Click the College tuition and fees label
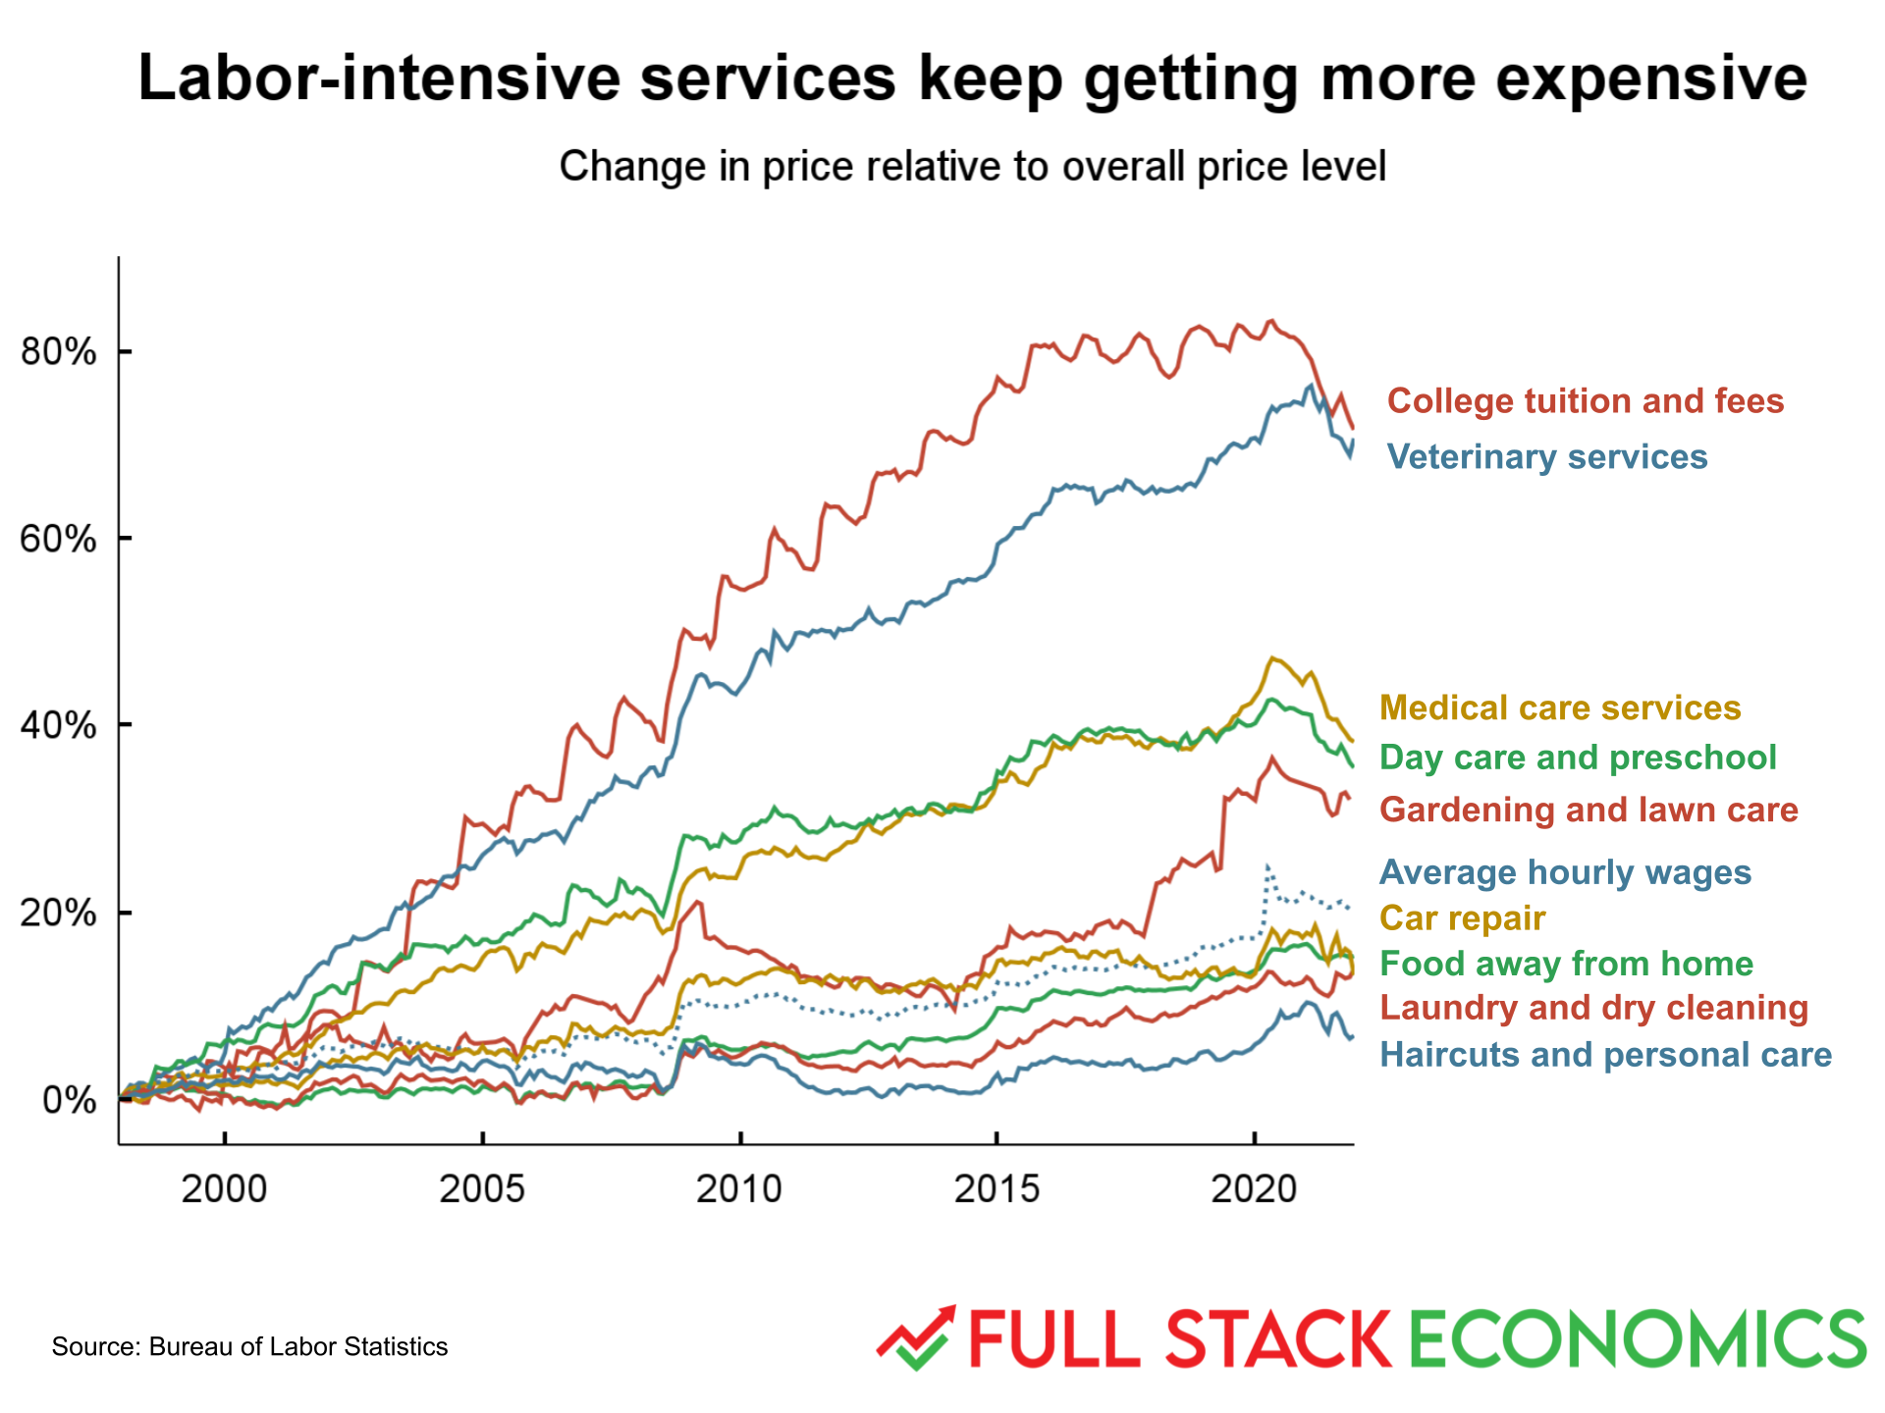(x=1585, y=401)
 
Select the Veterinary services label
(x=1546, y=457)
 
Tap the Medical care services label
(x=1559, y=708)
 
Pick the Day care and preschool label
(x=1577, y=758)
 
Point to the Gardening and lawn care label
(x=1589, y=811)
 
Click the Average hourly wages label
(x=1565, y=872)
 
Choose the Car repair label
(x=1462, y=918)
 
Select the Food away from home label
(x=1566, y=964)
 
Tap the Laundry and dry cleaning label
(x=1593, y=1008)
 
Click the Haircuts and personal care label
(x=1605, y=1055)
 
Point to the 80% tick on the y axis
(x=59, y=351)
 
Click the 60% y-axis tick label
(x=59, y=539)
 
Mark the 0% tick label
(x=69, y=1100)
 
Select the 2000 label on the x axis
(x=224, y=1189)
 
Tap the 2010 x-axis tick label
(x=739, y=1189)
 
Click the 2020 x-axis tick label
(x=1254, y=1189)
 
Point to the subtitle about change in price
(x=972, y=167)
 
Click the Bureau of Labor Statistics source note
(x=249, y=1346)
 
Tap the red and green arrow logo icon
(x=915, y=1337)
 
